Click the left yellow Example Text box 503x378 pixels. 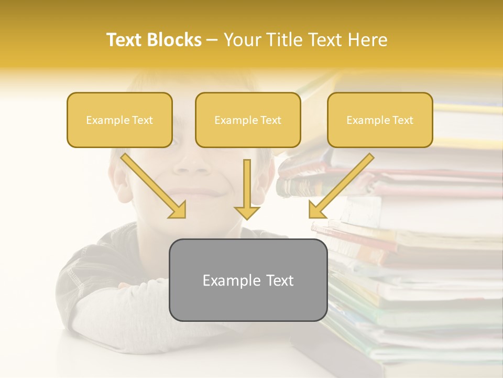[x=119, y=120]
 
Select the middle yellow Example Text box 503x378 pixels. [x=248, y=120]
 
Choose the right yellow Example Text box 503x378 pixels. [x=380, y=120]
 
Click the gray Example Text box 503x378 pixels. [x=248, y=280]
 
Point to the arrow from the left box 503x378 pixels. [x=155, y=186]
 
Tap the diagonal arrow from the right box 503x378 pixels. [x=341, y=186]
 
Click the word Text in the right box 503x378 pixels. [x=402, y=120]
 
